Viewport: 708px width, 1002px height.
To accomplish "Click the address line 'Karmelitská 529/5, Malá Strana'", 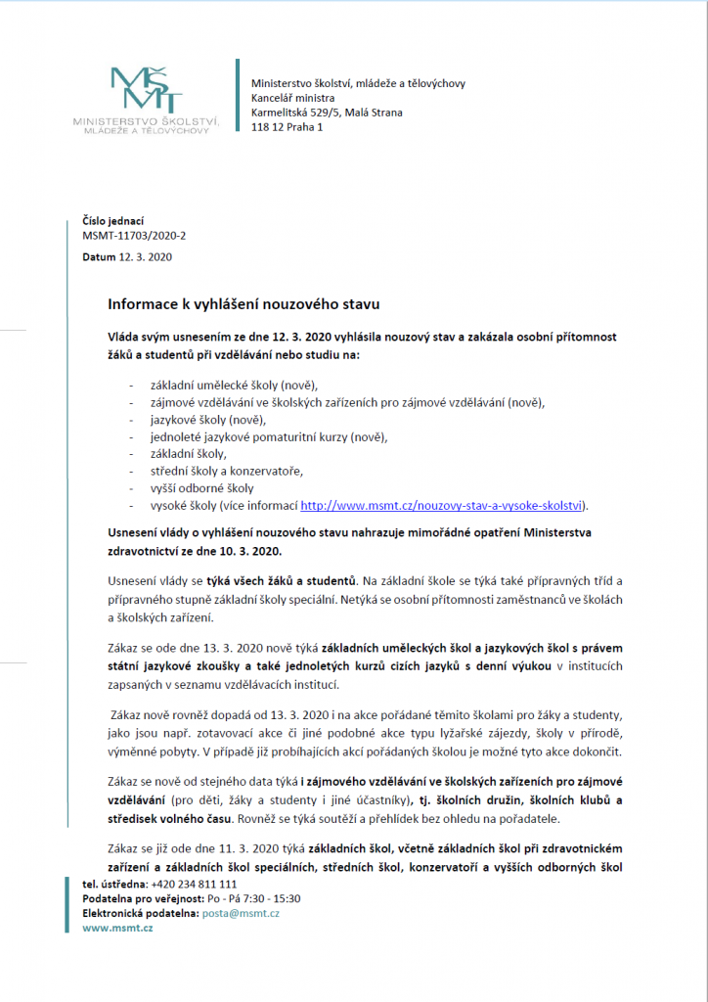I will click(327, 113).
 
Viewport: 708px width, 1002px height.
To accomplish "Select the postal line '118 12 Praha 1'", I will click(287, 127).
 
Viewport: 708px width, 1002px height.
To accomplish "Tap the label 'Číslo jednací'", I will click(112, 222).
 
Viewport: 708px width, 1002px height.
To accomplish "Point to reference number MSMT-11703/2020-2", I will click(133, 237).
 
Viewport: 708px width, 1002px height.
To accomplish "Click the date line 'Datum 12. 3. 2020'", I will click(127, 256).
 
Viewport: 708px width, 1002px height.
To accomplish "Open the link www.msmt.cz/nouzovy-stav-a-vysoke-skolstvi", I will click(441, 506).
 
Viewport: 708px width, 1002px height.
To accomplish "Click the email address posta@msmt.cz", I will click(241, 913).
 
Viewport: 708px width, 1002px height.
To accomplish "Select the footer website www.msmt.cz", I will click(117, 928).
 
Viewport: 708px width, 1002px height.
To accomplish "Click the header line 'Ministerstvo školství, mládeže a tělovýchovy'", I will click(358, 83).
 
